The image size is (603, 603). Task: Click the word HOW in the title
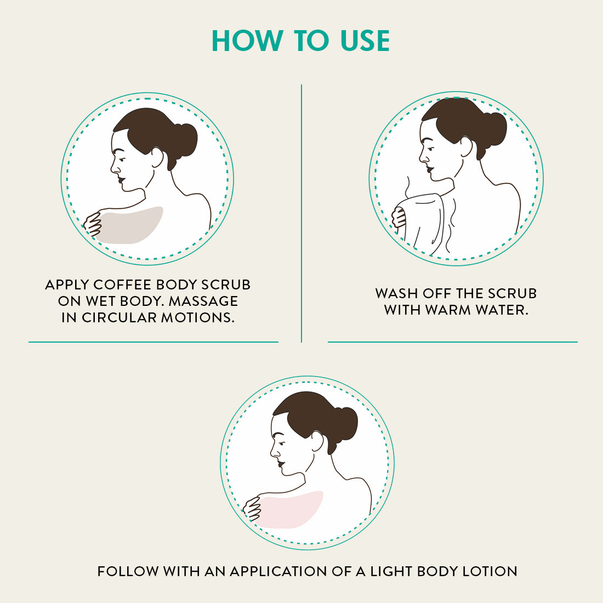(x=247, y=41)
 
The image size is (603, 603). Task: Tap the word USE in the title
(x=365, y=41)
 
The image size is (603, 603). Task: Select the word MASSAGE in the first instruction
(x=203, y=301)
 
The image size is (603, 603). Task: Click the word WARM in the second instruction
(x=448, y=310)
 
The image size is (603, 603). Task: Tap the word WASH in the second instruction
(x=397, y=293)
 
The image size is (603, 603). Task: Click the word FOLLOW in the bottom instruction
(x=128, y=571)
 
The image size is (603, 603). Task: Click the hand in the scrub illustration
(x=93, y=224)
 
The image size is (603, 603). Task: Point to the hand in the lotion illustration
(x=252, y=508)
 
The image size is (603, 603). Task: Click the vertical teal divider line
(x=301, y=213)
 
